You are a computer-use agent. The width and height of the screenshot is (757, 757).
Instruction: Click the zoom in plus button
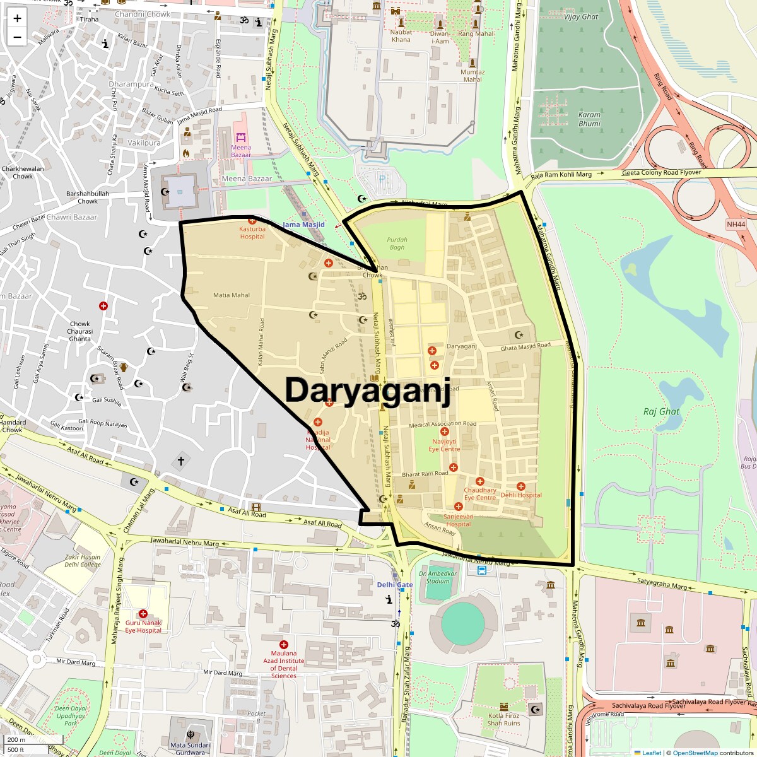click(x=17, y=18)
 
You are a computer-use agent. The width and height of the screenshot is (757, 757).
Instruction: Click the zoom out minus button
click(x=17, y=37)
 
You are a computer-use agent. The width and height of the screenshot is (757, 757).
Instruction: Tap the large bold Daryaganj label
click(x=368, y=390)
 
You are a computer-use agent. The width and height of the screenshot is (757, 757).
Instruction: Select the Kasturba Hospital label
click(x=252, y=233)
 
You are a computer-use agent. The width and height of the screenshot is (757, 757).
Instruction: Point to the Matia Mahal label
click(x=232, y=295)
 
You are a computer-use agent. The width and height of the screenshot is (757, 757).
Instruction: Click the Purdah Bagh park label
click(x=397, y=244)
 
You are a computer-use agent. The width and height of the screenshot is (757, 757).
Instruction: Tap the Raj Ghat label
click(x=661, y=411)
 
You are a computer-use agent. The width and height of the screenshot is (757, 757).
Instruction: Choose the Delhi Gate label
click(x=395, y=585)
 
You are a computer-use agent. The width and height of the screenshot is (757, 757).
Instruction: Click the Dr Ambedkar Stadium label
click(x=438, y=577)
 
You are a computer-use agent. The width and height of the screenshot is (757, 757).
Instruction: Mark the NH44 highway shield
click(x=736, y=225)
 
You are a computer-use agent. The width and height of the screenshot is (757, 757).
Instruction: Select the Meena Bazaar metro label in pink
click(x=241, y=151)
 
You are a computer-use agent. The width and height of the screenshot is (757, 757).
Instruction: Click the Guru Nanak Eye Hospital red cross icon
click(x=143, y=614)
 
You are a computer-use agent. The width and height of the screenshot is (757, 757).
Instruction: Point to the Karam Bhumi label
click(x=590, y=119)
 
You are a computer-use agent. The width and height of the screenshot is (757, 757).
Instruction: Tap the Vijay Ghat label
click(x=581, y=17)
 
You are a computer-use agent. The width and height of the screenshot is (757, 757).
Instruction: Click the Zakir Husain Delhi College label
click(x=83, y=561)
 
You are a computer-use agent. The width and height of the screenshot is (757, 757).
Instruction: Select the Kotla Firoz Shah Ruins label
click(x=504, y=720)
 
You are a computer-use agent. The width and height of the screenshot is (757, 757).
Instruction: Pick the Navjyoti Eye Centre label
click(x=445, y=445)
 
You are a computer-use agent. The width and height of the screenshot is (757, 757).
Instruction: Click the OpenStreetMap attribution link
click(x=695, y=753)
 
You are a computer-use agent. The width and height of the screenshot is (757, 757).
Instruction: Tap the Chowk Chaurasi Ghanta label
click(x=80, y=331)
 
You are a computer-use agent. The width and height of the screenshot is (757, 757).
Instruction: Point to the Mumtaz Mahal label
click(x=472, y=76)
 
